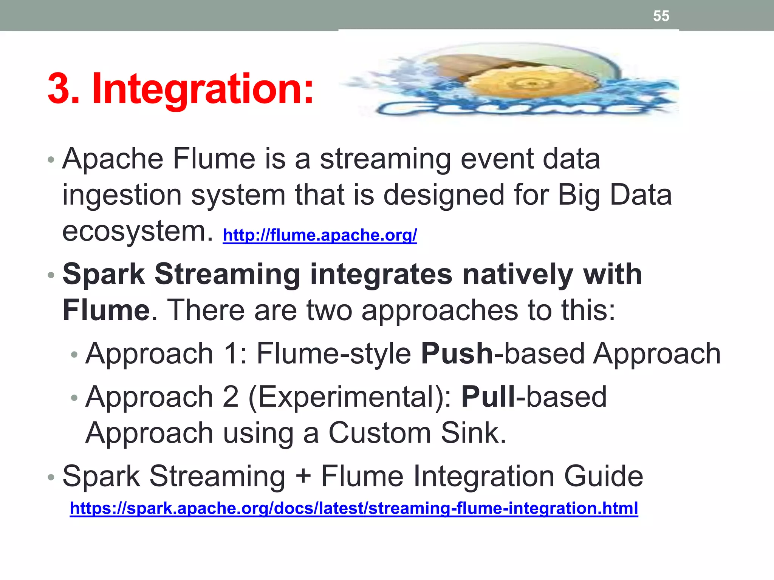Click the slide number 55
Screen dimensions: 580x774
coord(661,16)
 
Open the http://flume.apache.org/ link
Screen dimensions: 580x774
coord(320,235)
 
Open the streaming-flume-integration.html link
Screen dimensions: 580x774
coord(354,508)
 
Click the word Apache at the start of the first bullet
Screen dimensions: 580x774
coord(113,159)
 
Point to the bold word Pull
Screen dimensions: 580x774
coord(488,397)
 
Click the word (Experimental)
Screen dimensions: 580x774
coord(350,397)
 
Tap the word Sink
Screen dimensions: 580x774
coord(473,433)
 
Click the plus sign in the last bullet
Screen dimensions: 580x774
coord(303,477)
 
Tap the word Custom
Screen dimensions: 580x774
coord(379,433)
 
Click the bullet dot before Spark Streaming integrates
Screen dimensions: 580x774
coord(51,275)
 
